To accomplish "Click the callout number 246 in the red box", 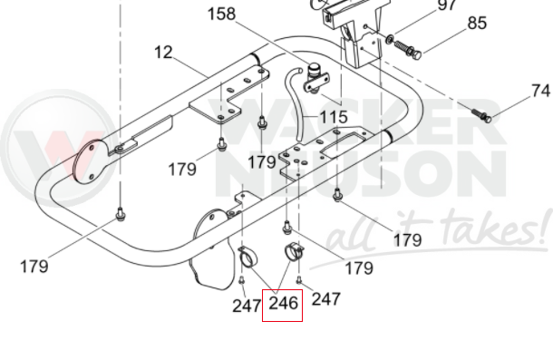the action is [x=283, y=304].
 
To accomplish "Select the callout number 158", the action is [x=221, y=15].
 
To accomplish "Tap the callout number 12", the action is [x=163, y=53].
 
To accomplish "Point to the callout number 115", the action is [x=334, y=117].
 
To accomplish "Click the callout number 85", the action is [x=477, y=23].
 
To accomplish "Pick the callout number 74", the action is [x=540, y=91].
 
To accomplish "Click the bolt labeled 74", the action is [x=481, y=115].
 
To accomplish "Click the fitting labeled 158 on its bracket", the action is [x=315, y=79].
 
